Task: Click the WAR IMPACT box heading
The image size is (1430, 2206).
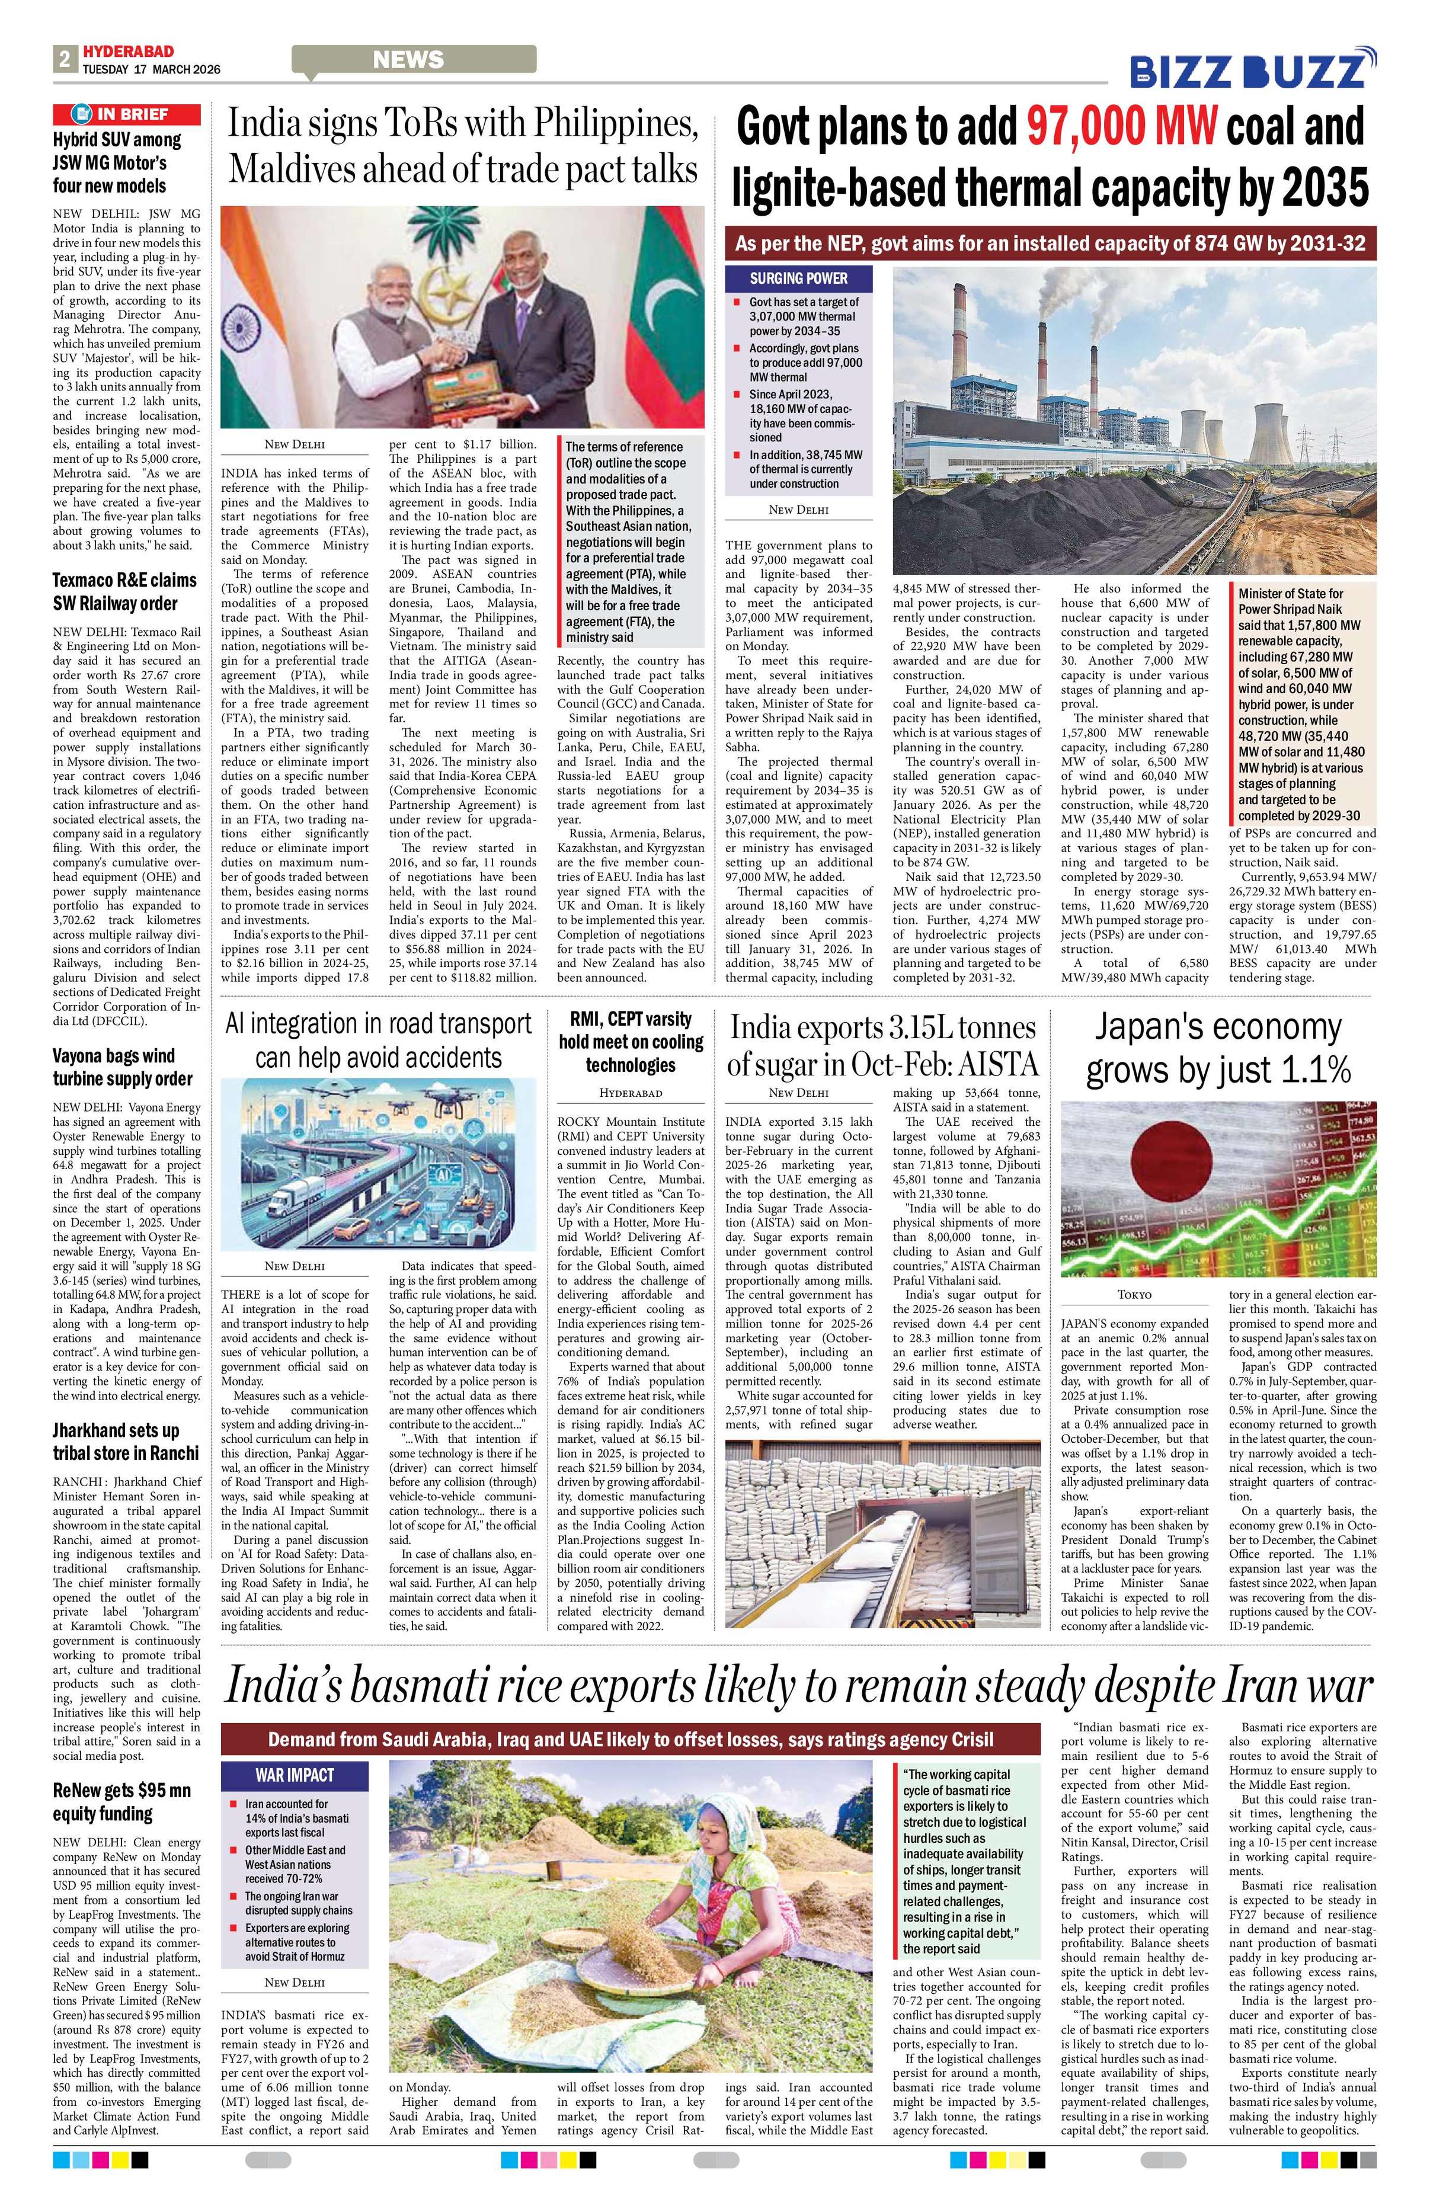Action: pos(294,1775)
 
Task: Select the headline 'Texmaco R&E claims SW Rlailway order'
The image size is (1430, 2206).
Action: pos(124,591)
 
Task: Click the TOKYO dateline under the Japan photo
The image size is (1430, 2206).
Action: pos(1134,1294)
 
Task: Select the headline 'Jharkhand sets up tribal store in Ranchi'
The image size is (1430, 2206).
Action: pos(125,1441)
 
